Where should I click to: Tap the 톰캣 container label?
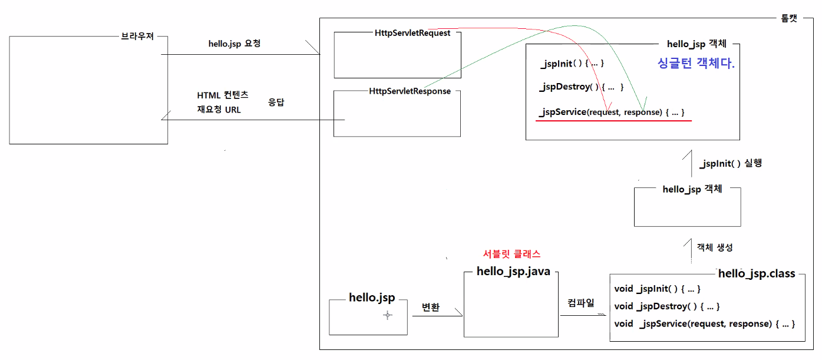(x=785, y=18)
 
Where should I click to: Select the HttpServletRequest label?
(x=412, y=33)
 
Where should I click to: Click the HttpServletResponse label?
(x=410, y=91)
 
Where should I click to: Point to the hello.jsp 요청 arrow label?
(x=234, y=44)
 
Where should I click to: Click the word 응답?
(x=277, y=101)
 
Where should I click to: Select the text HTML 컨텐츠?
(x=223, y=95)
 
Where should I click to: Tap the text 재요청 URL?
(x=219, y=110)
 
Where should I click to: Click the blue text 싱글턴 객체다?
(x=696, y=64)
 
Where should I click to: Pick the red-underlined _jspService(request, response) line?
(x=612, y=112)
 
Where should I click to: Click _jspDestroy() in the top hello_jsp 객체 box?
(x=581, y=87)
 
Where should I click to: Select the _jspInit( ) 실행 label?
(x=730, y=163)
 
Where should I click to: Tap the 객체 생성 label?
(x=715, y=247)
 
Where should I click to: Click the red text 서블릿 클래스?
(x=511, y=254)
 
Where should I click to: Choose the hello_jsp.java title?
(x=513, y=272)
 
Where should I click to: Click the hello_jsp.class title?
(x=757, y=273)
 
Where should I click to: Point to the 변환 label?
(x=431, y=308)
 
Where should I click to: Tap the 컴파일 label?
(x=580, y=303)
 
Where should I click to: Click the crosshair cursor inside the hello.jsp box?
(x=387, y=315)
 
